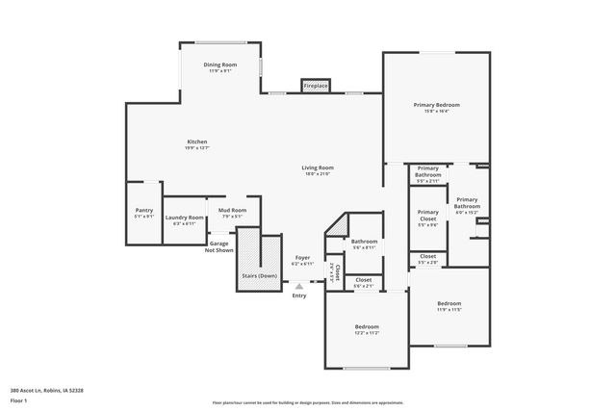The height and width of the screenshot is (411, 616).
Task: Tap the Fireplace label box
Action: [316, 86]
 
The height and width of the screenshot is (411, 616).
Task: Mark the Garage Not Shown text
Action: [219, 246]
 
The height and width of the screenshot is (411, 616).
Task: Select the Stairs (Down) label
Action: [259, 275]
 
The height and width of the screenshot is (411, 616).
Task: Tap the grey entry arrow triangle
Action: [299, 285]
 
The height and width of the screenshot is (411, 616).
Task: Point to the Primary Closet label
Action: [427, 218]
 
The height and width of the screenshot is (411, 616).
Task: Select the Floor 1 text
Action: [18, 400]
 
